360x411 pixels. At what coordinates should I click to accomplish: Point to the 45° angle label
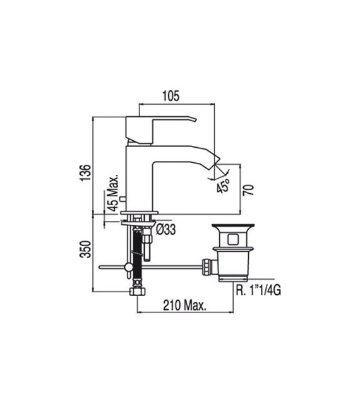pos(222,188)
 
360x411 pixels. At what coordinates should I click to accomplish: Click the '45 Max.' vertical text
pos(113,194)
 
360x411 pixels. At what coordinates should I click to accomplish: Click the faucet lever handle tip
pos(192,119)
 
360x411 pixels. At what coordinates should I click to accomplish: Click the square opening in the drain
pos(232,239)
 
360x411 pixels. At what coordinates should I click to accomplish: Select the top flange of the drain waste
pos(232,226)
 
